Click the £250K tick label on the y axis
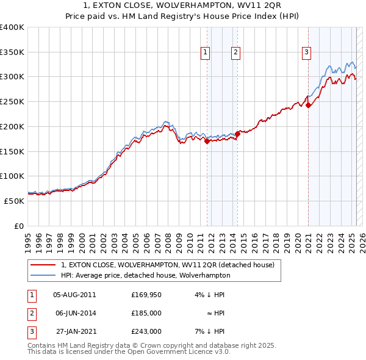[x=12, y=101]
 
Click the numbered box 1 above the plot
[x=206, y=53]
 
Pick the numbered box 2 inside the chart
[x=235, y=53]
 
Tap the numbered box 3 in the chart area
[x=306, y=53]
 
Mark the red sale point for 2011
[x=207, y=142]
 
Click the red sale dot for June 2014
[x=237, y=134]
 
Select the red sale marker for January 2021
[x=309, y=105]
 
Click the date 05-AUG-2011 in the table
[x=74, y=295]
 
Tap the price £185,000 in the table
[x=146, y=313]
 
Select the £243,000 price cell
[x=146, y=331]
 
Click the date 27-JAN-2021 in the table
[x=74, y=331]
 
